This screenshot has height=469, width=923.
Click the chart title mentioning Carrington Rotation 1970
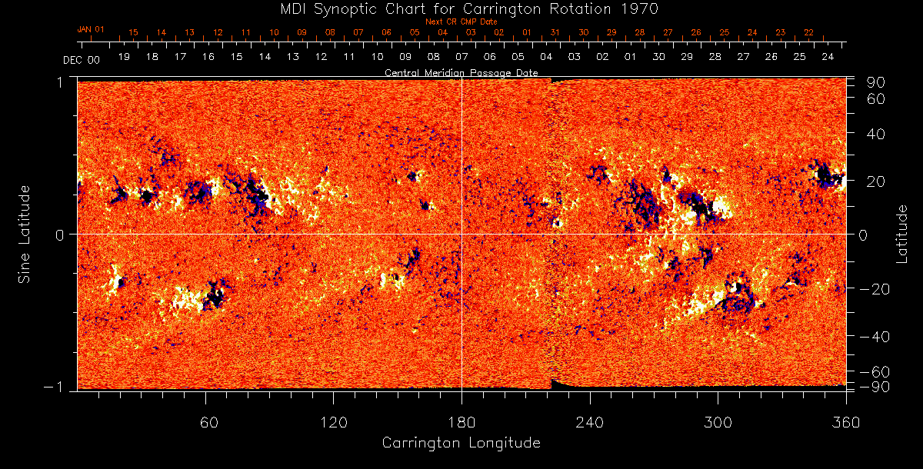pos(461,8)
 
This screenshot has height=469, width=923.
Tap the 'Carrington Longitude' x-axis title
pos(461,443)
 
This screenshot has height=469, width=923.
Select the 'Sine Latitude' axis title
pos(24,234)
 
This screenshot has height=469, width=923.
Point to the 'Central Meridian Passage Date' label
pos(461,73)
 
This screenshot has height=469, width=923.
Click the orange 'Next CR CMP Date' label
pos(461,22)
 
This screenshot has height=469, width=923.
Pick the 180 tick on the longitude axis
pos(461,421)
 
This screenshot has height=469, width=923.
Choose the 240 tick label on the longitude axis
pos(589,421)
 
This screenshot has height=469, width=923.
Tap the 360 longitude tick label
pos(845,421)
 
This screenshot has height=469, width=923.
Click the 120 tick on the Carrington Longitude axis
pos(333,421)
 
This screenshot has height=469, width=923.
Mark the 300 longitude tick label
pos(718,421)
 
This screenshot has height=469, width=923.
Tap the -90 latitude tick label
pos(876,387)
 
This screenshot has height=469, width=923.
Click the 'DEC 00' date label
pos(81,59)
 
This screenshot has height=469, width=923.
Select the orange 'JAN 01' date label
pos(90,29)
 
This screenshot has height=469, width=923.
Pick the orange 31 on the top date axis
pos(555,32)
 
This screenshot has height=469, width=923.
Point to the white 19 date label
pos(124,58)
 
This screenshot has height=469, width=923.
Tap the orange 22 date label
pos(808,32)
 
